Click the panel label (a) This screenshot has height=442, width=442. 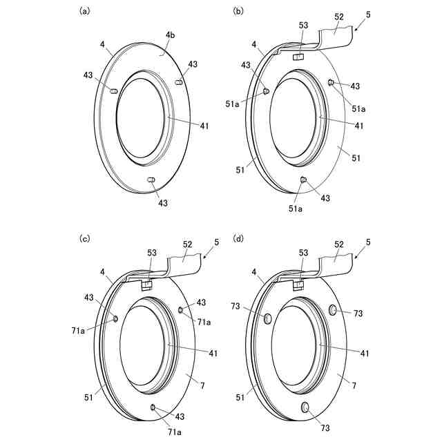click(85, 10)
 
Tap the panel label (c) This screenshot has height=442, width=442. click(85, 238)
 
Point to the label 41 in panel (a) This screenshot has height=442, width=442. click(204, 126)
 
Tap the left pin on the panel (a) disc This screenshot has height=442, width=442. click(114, 90)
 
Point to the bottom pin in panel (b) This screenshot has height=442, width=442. click(302, 180)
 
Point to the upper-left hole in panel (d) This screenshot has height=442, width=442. click(268, 318)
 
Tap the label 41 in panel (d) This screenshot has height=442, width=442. click(364, 353)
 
